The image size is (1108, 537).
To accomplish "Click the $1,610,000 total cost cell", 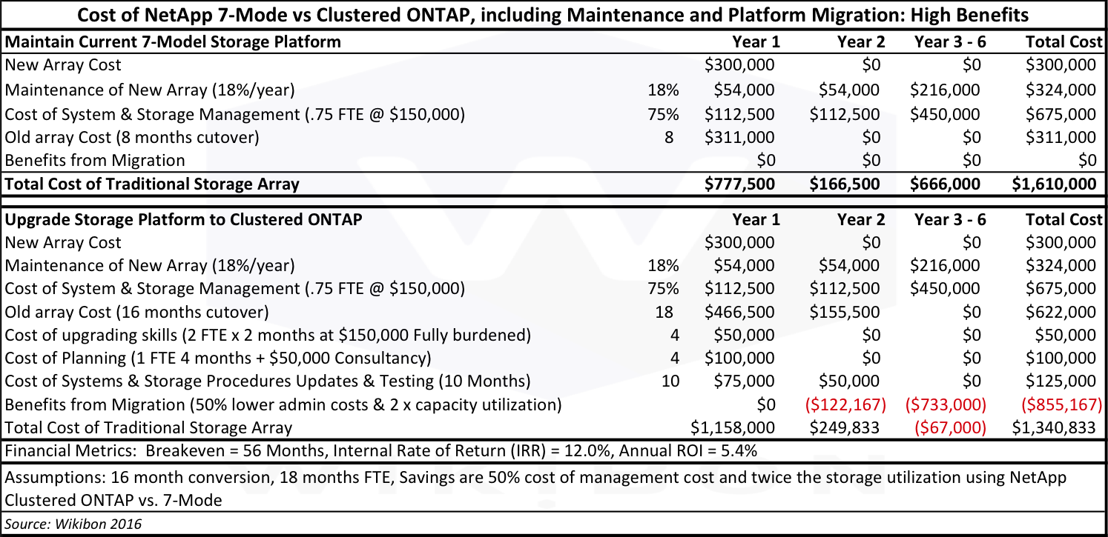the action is (x=1054, y=184).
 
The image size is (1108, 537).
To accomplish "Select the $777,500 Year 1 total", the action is (x=739, y=184).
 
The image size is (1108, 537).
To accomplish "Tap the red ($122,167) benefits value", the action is (x=845, y=404).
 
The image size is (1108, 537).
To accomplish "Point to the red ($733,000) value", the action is (x=946, y=404).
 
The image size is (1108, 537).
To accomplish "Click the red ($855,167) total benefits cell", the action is (x=1062, y=404).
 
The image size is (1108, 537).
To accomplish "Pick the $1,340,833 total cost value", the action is (x=1054, y=427).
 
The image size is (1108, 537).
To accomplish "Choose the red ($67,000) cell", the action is (x=950, y=427).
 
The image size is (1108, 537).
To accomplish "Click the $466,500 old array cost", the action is (x=739, y=313).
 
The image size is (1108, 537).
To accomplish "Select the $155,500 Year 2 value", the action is (x=845, y=313).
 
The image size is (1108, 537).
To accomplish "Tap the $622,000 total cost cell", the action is (x=1061, y=313).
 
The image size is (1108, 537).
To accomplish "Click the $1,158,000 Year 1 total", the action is (x=733, y=427).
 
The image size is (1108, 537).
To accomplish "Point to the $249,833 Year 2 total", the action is (x=845, y=427).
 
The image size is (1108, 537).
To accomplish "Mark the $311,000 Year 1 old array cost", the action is (x=739, y=137).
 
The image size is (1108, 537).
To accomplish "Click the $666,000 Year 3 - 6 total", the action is (x=945, y=184).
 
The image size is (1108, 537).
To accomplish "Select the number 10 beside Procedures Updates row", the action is (x=670, y=381).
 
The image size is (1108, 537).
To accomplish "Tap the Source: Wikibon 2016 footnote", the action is (x=73, y=524).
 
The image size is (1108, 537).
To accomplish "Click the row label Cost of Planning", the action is (x=66, y=358).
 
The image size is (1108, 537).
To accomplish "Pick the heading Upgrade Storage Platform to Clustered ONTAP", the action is (x=183, y=219).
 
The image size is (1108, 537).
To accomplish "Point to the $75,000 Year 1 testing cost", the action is (x=744, y=381).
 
